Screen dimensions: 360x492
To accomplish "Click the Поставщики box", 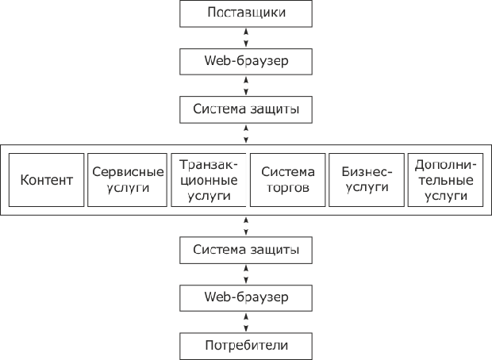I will (246, 13).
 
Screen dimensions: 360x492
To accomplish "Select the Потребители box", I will (246, 346).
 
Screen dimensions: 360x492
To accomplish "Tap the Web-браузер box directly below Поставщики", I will (246, 61).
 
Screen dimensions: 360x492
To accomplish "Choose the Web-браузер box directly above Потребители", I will (246, 297).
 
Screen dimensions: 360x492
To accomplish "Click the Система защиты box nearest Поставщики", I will (246, 109).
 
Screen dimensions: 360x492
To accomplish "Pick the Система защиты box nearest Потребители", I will (246, 250).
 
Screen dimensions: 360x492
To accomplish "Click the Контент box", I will (46, 180).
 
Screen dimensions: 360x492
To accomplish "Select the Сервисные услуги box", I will (127, 180).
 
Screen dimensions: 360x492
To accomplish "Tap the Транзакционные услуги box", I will (208, 180).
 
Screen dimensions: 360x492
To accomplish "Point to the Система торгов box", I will (287, 180).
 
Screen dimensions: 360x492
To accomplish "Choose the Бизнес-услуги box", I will (366, 180).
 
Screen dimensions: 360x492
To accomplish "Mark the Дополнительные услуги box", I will (444, 180).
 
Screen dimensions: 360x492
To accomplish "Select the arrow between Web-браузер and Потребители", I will (246, 321).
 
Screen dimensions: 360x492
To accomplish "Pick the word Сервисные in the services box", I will (127, 171).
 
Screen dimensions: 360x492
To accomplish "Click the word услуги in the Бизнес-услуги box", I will (366, 188).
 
